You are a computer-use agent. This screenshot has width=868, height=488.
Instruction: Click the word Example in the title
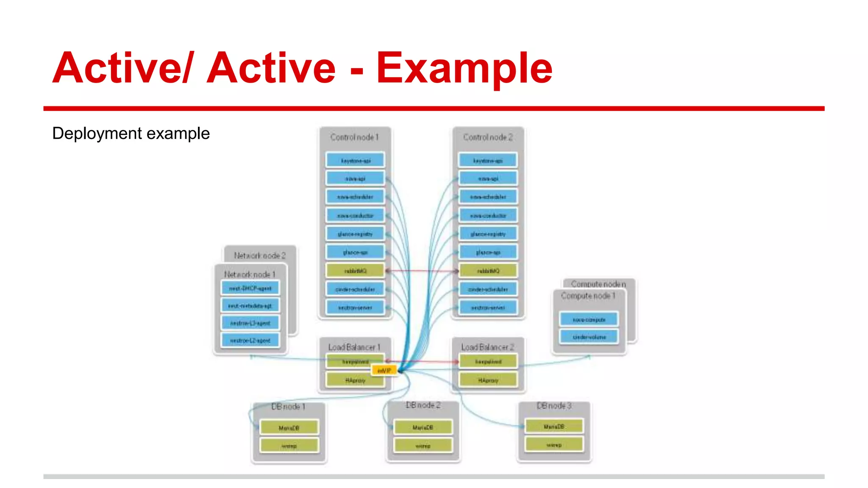coord(464,68)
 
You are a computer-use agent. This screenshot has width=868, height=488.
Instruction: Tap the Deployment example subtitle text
coord(131,133)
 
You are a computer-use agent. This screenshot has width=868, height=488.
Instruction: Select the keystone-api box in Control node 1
coord(355,161)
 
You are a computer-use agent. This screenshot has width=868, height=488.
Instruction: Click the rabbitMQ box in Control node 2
coord(488,271)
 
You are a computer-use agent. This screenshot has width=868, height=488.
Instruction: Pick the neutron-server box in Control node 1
coord(355,308)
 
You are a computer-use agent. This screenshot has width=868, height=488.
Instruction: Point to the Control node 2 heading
coord(488,137)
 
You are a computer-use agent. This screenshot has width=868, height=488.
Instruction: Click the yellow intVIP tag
coord(384,371)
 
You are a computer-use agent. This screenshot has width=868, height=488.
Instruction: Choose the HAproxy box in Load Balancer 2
coord(488,380)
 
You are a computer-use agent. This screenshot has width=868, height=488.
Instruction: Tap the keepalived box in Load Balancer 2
coord(488,362)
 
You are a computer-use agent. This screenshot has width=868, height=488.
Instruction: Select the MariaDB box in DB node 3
coord(554,427)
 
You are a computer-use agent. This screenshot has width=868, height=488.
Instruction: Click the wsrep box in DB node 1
coord(289,446)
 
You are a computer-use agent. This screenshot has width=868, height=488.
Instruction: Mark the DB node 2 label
coord(423,405)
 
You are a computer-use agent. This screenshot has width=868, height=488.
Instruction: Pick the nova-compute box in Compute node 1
coord(589,319)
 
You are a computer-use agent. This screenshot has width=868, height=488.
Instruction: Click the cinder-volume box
coord(589,337)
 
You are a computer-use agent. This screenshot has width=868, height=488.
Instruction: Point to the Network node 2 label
coord(260,255)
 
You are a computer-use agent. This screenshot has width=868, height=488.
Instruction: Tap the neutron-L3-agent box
coord(250,323)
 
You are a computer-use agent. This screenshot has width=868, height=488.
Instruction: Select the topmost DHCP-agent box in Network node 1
coord(250,288)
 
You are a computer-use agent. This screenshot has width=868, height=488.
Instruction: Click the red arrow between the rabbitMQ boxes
coord(422,271)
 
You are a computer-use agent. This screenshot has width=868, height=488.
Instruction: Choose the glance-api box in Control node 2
coord(488,252)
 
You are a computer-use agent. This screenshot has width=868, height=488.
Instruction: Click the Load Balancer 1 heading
coord(354,347)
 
